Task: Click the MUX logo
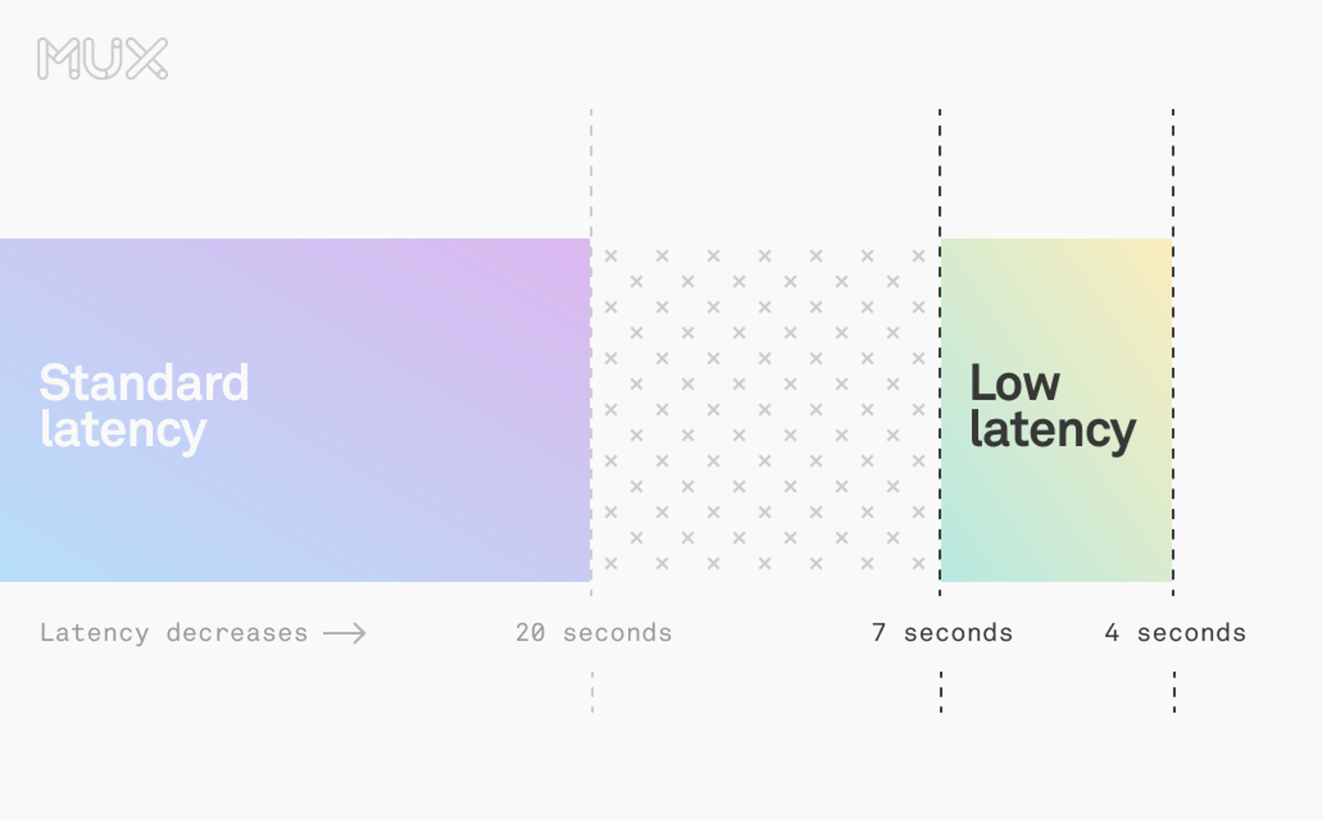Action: (103, 59)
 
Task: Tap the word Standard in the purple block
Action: (144, 383)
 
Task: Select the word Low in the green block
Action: (1014, 383)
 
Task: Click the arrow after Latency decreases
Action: (345, 633)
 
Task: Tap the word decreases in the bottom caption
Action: (237, 633)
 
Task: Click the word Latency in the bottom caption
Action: (94, 633)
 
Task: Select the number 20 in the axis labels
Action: (530, 633)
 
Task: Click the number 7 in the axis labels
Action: (879, 633)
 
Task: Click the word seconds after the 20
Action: (617, 633)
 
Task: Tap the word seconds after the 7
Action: (958, 633)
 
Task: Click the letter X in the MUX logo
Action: (147, 59)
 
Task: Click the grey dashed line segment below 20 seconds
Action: (592, 692)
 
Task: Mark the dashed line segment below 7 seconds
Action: (941, 692)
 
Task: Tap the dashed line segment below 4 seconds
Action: (1175, 692)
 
